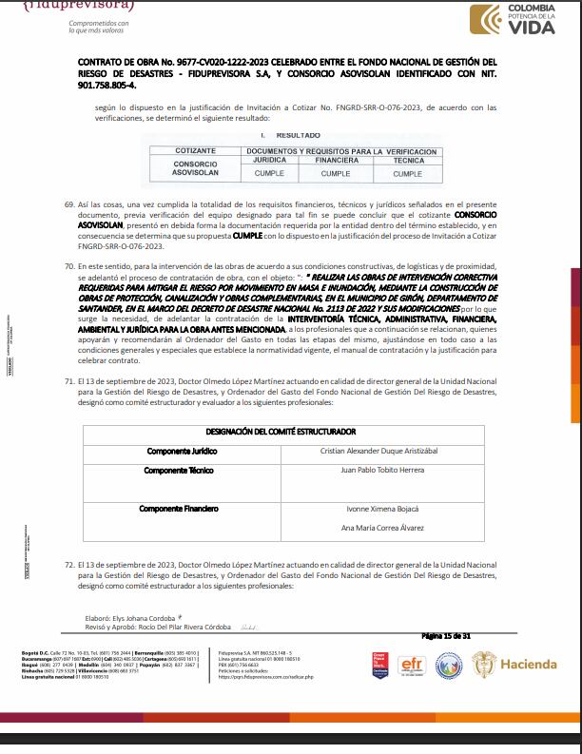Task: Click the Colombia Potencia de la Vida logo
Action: click(517, 19)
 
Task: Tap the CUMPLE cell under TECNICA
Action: click(407, 174)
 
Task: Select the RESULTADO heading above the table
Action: click(297, 136)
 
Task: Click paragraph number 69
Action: click(68, 204)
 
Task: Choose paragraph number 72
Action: click(68, 565)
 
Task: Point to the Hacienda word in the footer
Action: click(529, 664)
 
